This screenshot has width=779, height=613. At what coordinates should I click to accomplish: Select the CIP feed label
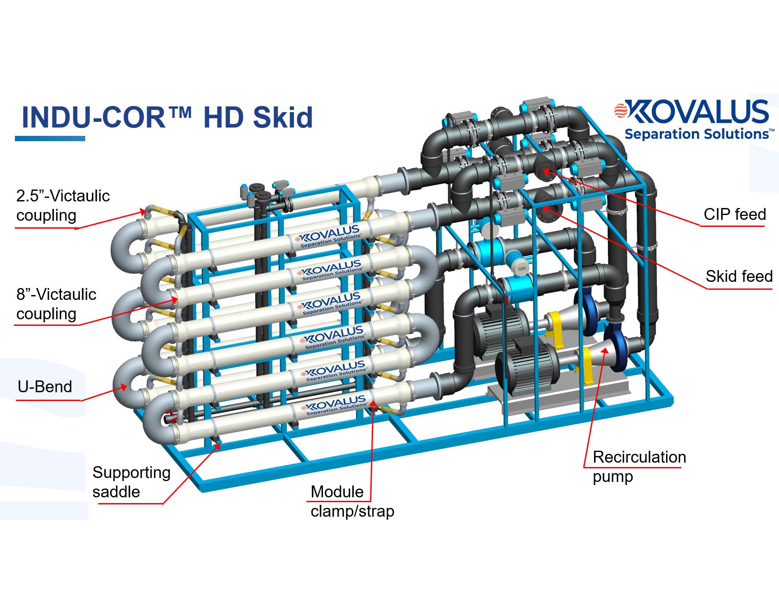pos(735,215)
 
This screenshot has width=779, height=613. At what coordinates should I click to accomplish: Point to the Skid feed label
pos(739,276)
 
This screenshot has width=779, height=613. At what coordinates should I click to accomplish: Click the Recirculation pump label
pos(639,466)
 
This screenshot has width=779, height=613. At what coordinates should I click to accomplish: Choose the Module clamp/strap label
pos(351,501)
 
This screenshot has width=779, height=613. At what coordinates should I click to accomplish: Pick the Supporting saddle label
pos(131,482)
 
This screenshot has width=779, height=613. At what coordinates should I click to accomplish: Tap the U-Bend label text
pos(45,387)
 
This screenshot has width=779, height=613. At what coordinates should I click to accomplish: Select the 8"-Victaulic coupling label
pos(56,304)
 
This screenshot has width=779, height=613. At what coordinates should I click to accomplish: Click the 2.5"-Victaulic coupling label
pos(62,205)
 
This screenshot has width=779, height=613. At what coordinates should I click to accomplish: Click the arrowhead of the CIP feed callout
pos(545,171)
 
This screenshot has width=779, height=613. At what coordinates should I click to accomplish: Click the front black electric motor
pos(527,367)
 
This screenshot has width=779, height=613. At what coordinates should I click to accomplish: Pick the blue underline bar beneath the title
pos(50,139)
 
